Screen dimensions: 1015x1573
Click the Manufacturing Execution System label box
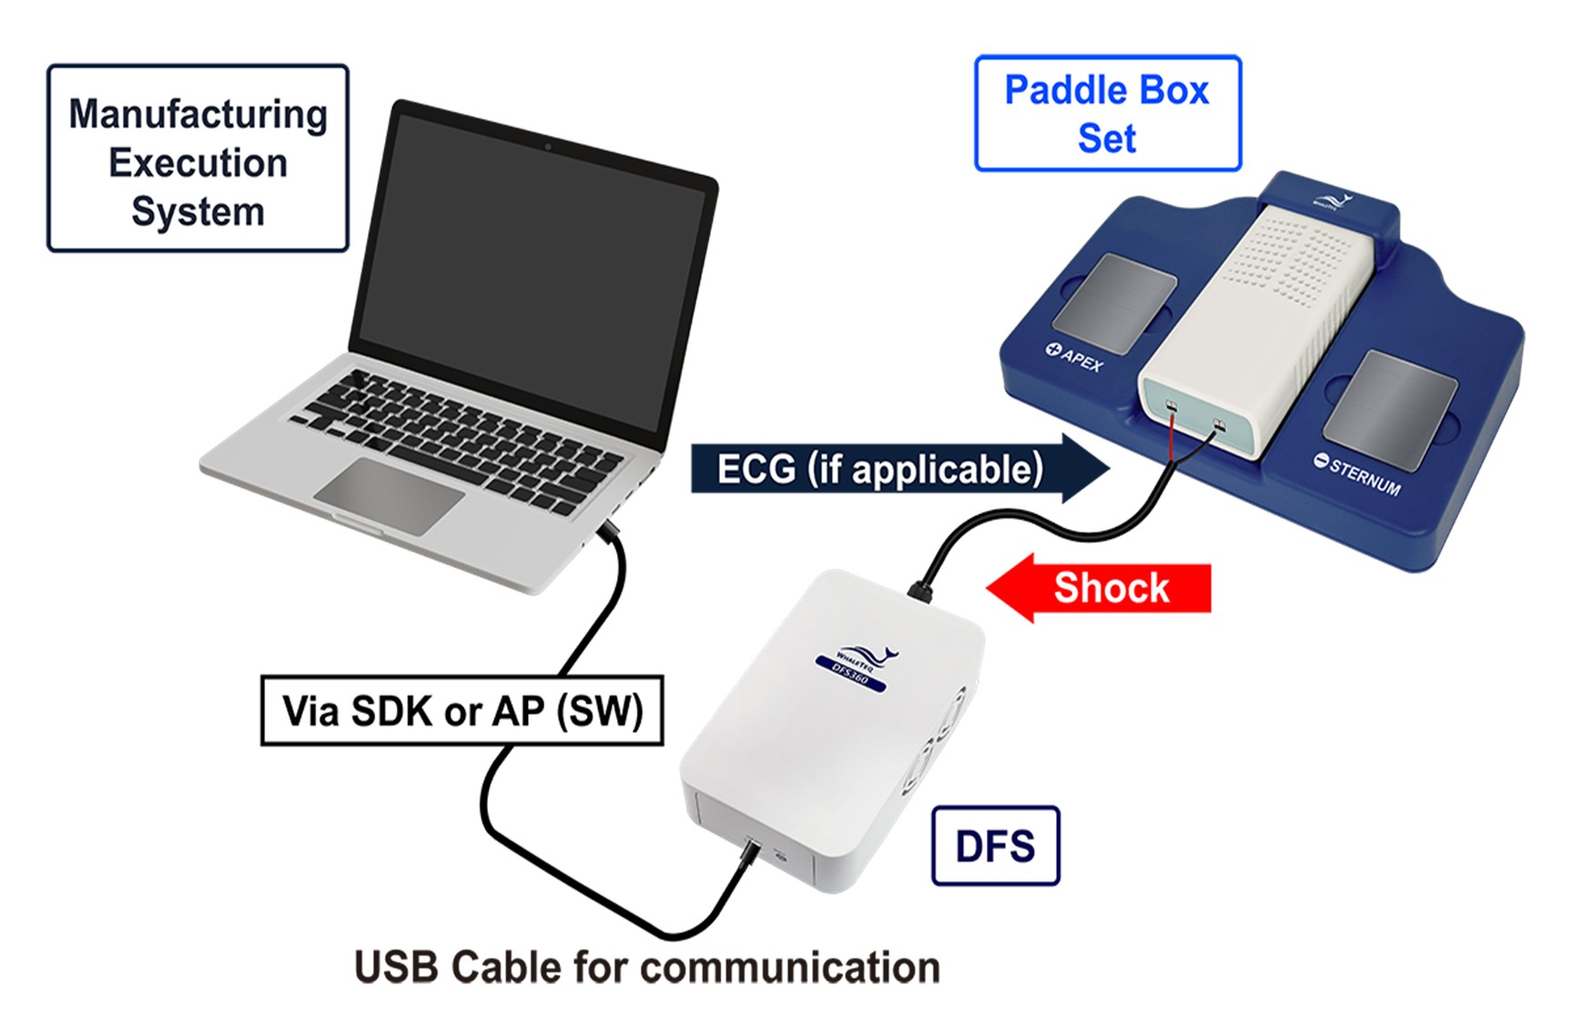(x=198, y=158)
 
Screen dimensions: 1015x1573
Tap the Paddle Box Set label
(x=1107, y=114)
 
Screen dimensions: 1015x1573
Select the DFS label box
(x=995, y=846)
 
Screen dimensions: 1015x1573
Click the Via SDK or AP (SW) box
(x=462, y=711)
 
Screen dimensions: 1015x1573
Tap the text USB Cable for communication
(x=646, y=967)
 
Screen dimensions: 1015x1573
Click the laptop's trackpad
(x=389, y=495)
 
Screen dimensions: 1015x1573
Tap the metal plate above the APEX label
(x=1115, y=303)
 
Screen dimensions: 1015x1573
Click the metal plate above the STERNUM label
(x=1391, y=410)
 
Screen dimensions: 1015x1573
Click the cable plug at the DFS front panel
(x=751, y=854)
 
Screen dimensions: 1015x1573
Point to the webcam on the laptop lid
(x=547, y=146)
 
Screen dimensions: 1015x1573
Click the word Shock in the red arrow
(x=1111, y=588)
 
